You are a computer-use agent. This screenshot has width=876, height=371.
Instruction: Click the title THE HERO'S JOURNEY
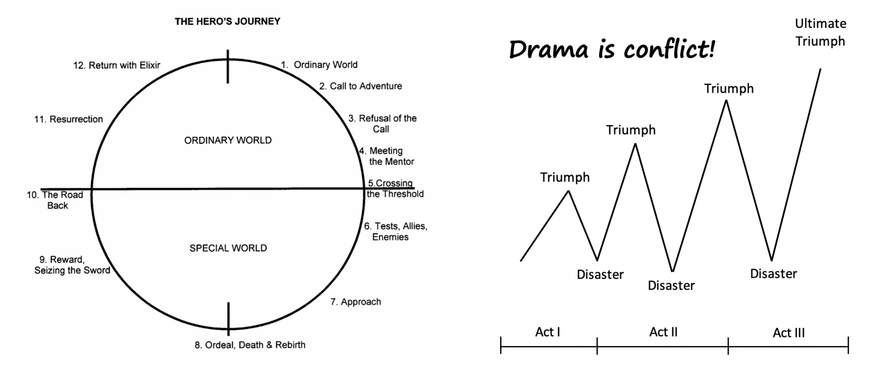pyautogui.click(x=227, y=21)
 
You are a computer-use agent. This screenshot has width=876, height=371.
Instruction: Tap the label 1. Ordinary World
pyautogui.click(x=319, y=65)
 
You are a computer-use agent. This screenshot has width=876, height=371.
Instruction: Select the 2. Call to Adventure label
pyautogui.click(x=360, y=86)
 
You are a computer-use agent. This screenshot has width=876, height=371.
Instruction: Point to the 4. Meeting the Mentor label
pyautogui.click(x=387, y=156)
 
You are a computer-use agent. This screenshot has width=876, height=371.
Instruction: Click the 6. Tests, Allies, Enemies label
pyautogui.click(x=395, y=231)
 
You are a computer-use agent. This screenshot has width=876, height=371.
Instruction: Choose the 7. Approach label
pyautogui.click(x=355, y=302)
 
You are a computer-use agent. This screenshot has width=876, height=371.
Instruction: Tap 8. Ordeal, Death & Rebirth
pyautogui.click(x=250, y=345)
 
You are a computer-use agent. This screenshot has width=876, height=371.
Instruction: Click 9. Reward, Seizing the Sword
pyautogui.click(x=72, y=265)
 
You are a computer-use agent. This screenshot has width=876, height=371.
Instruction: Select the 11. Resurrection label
pyautogui.click(x=68, y=119)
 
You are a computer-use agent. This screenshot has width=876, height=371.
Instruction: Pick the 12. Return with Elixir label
pyautogui.click(x=117, y=65)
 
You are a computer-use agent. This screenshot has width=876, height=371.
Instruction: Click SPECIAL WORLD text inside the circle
pyautogui.click(x=228, y=248)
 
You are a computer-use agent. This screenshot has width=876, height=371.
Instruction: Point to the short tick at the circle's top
pyautogui.click(x=228, y=67)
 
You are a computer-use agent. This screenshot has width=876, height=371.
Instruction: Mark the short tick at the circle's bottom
pyautogui.click(x=228, y=318)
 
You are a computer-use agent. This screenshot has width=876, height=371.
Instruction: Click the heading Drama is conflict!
pyautogui.click(x=611, y=49)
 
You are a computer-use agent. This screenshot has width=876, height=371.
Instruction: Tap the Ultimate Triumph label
pyautogui.click(x=820, y=32)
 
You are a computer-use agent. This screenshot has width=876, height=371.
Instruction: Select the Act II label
pyautogui.click(x=663, y=332)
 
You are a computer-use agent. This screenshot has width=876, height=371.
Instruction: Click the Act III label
pyautogui.click(x=788, y=333)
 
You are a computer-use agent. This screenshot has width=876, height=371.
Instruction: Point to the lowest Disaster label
pyautogui.click(x=671, y=286)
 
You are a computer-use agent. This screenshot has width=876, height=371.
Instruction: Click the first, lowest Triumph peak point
pyautogui.click(x=568, y=191)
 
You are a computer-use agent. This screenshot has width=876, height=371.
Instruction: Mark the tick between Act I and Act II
pyautogui.click(x=597, y=345)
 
